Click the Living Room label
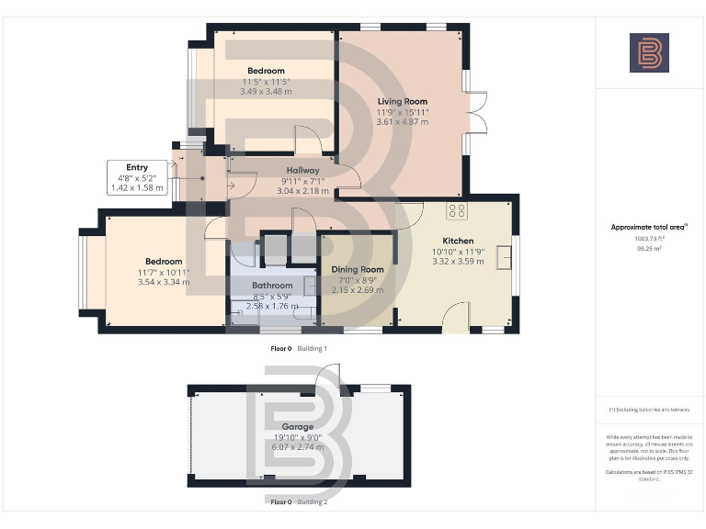[403, 102]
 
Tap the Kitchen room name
[457, 241]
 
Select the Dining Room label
[357, 269]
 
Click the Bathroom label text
[272, 286]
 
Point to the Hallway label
[302, 171]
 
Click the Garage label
[297, 427]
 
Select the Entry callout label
[137, 168]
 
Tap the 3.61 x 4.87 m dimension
[403, 122]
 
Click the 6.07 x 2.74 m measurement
[297, 447]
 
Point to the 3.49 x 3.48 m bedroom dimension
[266, 91]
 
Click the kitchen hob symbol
[456, 210]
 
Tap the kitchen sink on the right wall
[504, 258]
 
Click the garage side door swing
[328, 375]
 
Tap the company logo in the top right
[649, 53]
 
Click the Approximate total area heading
[649, 227]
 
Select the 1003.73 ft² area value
[649, 238]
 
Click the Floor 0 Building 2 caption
[299, 502]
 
